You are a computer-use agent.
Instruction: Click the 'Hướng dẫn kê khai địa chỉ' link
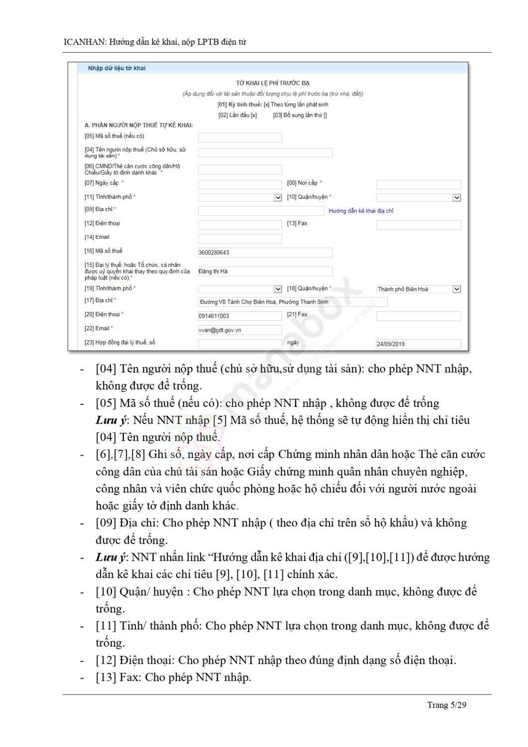pyautogui.click(x=361, y=211)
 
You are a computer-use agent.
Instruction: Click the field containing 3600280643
pyautogui.click(x=265, y=252)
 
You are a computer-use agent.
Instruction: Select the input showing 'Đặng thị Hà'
pyautogui.click(x=265, y=271)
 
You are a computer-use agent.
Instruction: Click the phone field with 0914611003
pyautogui.click(x=239, y=316)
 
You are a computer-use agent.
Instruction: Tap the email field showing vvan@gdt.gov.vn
pyautogui.click(x=239, y=330)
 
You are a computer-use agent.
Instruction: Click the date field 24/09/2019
pyautogui.click(x=418, y=344)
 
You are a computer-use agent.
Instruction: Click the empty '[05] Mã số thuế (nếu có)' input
pyautogui.click(x=239, y=137)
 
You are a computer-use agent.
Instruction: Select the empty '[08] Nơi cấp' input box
pyautogui.click(x=418, y=185)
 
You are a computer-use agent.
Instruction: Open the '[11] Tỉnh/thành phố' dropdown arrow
pyautogui.click(x=278, y=198)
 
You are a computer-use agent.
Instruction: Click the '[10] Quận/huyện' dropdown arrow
pyautogui.click(x=456, y=198)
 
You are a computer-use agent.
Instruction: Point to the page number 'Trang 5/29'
pyautogui.click(x=446, y=705)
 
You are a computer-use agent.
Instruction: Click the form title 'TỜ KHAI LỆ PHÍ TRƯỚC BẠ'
pyautogui.click(x=273, y=83)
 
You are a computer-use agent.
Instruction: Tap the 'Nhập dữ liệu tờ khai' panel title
pyautogui.click(x=116, y=68)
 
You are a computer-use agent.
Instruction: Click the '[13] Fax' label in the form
pyautogui.click(x=297, y=224)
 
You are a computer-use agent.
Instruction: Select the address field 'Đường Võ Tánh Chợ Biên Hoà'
pyautogui.click(x=292, y=302)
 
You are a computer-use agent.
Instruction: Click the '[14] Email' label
pyautogui.click(x=97, y=237)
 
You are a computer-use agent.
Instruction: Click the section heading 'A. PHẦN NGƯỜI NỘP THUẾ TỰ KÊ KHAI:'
pyautogui.click(x=138, y=125)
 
